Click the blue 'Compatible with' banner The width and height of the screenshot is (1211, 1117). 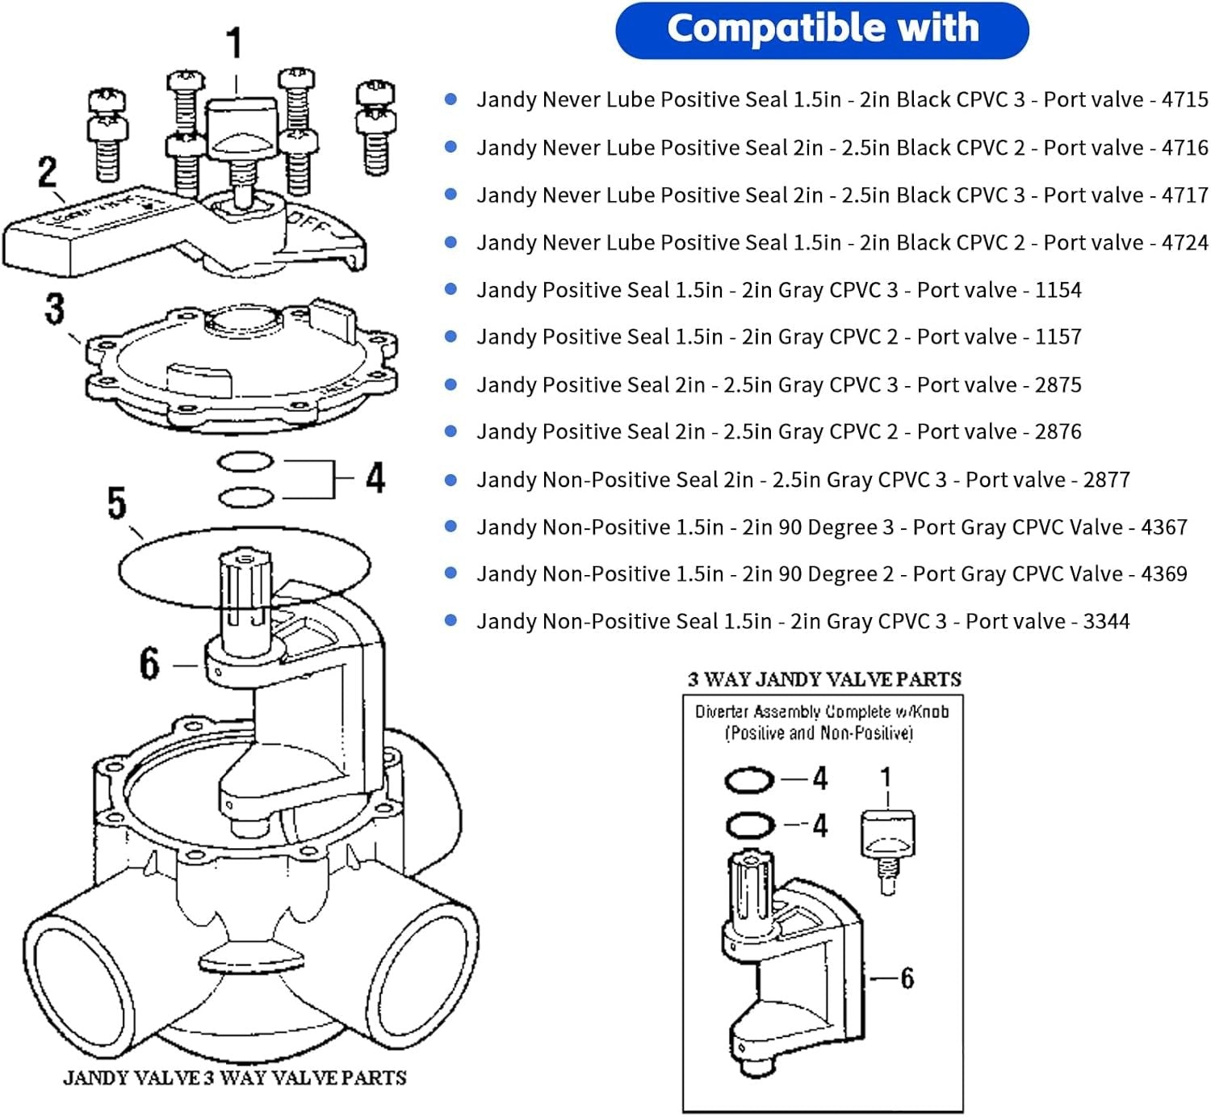(x=822, y=30)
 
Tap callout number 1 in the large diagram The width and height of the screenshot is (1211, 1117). (x=234, y=44)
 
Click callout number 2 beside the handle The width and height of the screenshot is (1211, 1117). (x=48, y=172)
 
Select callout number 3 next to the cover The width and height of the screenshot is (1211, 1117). (x=54, y=309)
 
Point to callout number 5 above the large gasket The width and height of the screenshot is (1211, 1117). (x=117, y=503)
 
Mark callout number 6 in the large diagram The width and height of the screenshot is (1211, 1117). (x=149, y=664)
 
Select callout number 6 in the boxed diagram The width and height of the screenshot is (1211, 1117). (x=907, y=979)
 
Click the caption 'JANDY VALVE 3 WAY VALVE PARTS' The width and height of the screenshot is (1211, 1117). (x=235, y=1078)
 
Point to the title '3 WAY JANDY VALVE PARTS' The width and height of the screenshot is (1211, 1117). (x=824, y=679)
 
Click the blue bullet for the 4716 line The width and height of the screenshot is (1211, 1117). (x=451, y=147)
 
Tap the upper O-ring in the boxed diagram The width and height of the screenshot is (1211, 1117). (x=749, y=780)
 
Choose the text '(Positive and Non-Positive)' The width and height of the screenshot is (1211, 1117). (x=819, y=733)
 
